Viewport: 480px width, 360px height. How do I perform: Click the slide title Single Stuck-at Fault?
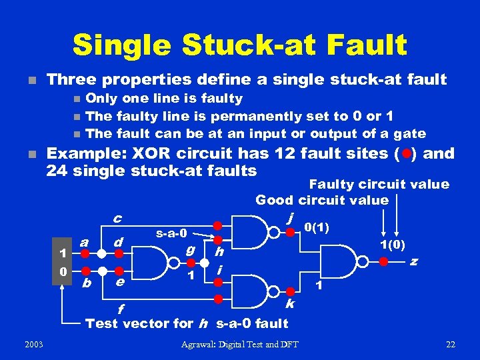tap(239, 45)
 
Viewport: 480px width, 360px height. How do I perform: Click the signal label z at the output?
tap(414, 261)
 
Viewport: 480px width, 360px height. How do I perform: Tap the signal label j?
tap(289, 218)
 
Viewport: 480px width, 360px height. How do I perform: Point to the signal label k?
tap(290, 303)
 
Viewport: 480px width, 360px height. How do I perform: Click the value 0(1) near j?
tap(318, 227)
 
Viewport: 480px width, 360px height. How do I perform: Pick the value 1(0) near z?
tap(393, 244)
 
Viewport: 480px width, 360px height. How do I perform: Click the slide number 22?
tap(451, 344)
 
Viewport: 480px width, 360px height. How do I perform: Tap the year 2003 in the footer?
tap(31, 344)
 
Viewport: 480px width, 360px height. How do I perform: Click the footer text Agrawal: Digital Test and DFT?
tap(240, 344)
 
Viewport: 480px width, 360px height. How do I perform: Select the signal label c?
tap(117, 218)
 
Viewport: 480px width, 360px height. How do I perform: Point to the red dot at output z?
tap(383, 261)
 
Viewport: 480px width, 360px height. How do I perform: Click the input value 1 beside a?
tap(62, 253)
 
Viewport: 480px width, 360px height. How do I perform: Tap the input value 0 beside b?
tap(62, 272)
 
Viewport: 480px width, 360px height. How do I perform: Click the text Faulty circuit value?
tap(379, 184)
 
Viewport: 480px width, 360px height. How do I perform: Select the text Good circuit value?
tap(322, 200)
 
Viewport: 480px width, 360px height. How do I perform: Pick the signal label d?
tap(117, 241)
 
